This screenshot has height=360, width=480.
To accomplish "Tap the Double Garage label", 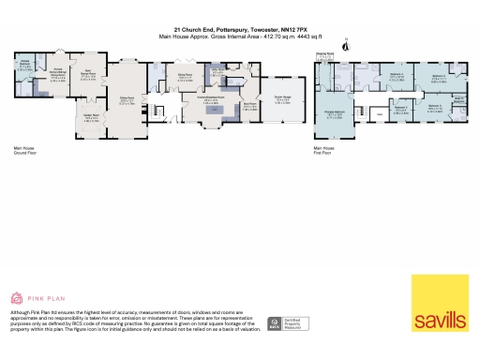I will click(x=280, y=101).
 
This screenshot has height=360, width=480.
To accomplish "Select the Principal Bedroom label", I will click(x=334, y=114).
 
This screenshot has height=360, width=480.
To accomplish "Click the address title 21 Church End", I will click(x=240, y=30).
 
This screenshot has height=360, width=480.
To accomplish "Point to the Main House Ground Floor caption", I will click(x=23, y=149).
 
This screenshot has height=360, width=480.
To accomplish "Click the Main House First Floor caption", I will click(x=324, y=149).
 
